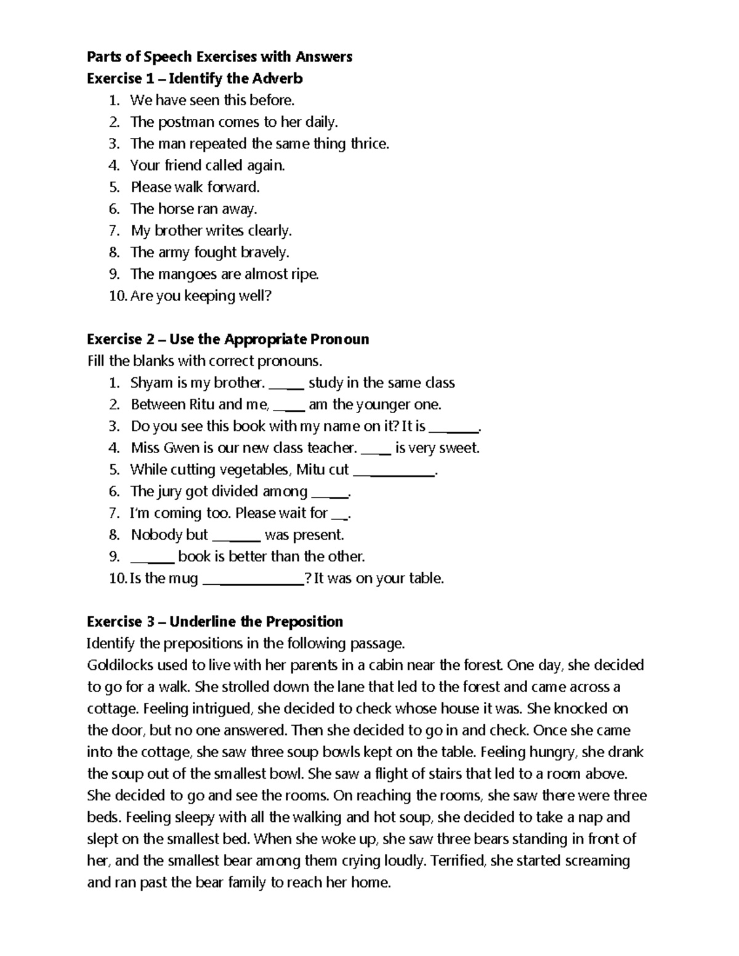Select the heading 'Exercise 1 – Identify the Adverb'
click(x=195, y=79)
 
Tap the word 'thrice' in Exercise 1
click(x=369, y=144)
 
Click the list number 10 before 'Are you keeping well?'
click(x=117, y=296)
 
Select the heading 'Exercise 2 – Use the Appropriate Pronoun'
click(x=228, y=340)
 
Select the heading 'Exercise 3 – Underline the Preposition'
click(x=214, y=622)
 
